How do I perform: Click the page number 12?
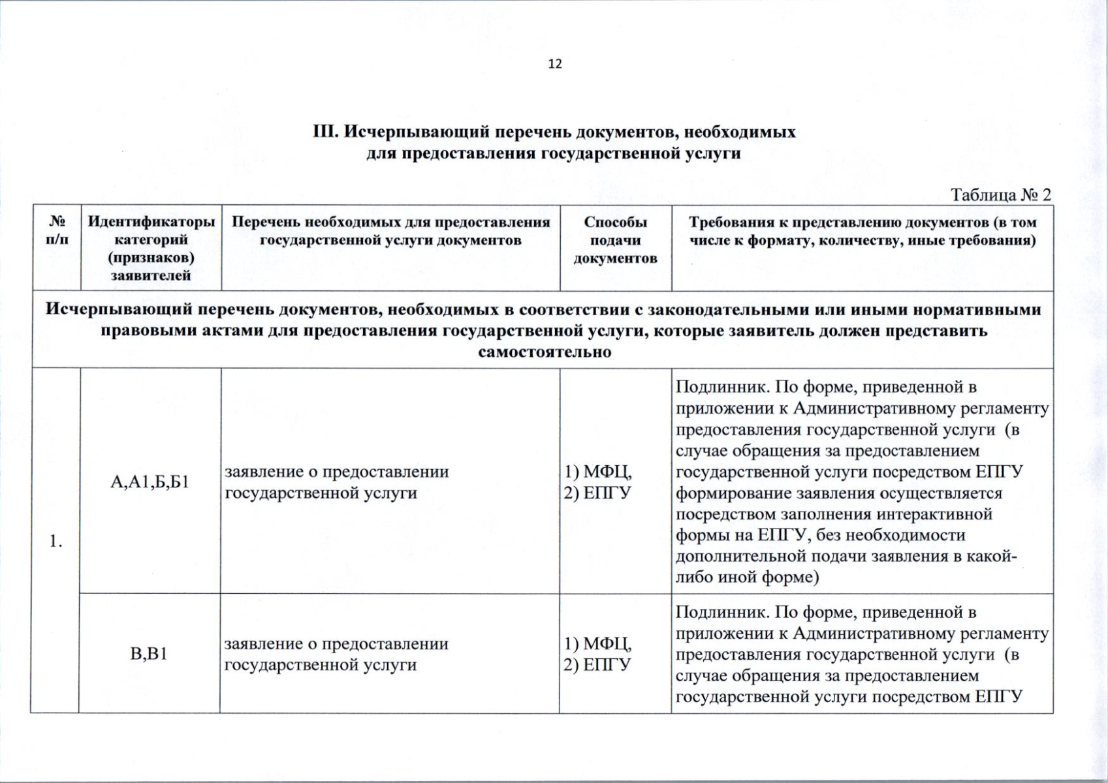(555, 64)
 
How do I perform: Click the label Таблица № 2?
(1000, 195)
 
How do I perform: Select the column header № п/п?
(57, 230)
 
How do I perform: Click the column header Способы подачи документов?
(615, 240)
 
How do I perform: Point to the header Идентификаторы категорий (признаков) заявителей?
(151, 249)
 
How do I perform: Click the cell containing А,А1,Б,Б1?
(150, 482)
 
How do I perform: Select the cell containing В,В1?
(149, 653)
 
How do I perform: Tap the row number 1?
(56, 541)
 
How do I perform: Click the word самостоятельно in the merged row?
(545, 353)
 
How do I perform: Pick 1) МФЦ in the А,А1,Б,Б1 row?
(597, 472)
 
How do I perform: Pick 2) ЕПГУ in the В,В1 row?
(597, 665)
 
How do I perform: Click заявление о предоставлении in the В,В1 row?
(336, 644)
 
